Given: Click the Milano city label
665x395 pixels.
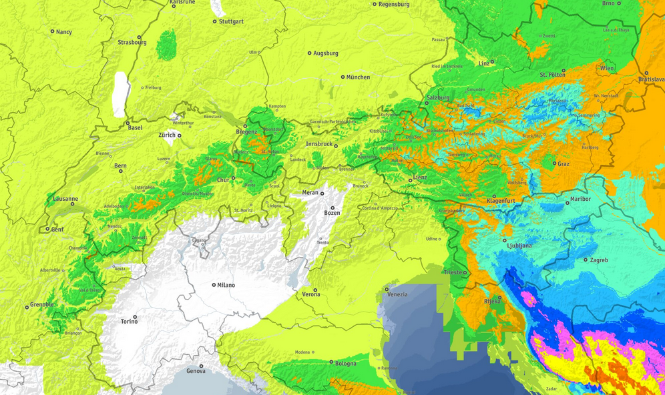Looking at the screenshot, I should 226,285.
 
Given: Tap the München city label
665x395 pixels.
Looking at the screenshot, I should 358,77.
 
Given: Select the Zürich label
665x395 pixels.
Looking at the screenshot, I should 167,135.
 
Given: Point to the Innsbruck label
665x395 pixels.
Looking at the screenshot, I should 318,144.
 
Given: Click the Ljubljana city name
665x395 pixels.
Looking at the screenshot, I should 519,246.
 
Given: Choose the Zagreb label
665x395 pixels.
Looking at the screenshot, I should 599,260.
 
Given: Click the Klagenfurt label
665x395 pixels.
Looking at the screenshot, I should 501,200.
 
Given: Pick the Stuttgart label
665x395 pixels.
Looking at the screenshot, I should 231,21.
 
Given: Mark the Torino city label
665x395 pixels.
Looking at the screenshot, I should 129,322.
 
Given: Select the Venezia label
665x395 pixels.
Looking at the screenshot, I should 397,294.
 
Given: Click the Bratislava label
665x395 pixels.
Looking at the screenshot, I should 651,79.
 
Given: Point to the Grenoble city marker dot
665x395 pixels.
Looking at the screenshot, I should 27,307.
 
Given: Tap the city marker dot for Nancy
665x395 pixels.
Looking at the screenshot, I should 52,31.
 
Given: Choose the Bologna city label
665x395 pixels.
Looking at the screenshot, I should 346,364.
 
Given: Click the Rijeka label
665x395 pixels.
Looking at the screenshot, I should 491,302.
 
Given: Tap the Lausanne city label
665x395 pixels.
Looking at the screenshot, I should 65,199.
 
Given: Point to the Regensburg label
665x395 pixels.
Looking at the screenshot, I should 393,4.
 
